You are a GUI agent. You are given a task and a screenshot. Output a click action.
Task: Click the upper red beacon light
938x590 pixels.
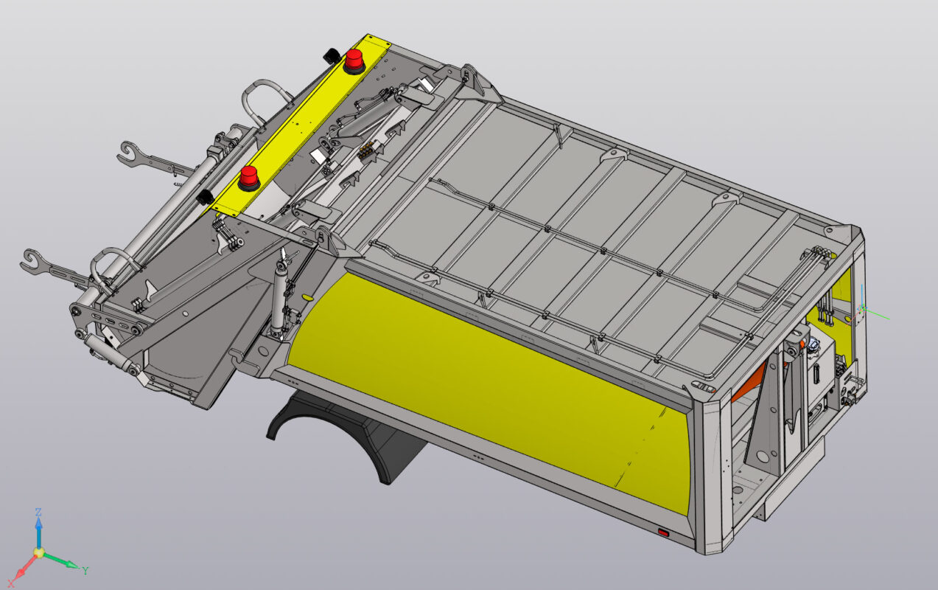(x=354, y=60)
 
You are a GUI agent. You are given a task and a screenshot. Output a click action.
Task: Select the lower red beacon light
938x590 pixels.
(x=249, y=178)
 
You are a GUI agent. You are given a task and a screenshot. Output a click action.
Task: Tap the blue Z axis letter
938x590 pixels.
(x=38, y=512)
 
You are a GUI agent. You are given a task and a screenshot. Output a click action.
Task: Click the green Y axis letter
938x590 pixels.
(x=85, y=570)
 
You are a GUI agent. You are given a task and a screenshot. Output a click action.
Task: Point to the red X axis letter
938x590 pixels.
(x=11, y=583)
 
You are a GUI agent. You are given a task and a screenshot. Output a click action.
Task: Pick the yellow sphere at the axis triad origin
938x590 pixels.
(x=38, y=552)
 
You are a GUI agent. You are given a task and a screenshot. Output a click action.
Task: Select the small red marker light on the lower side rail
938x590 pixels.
(x=663, y=532)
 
